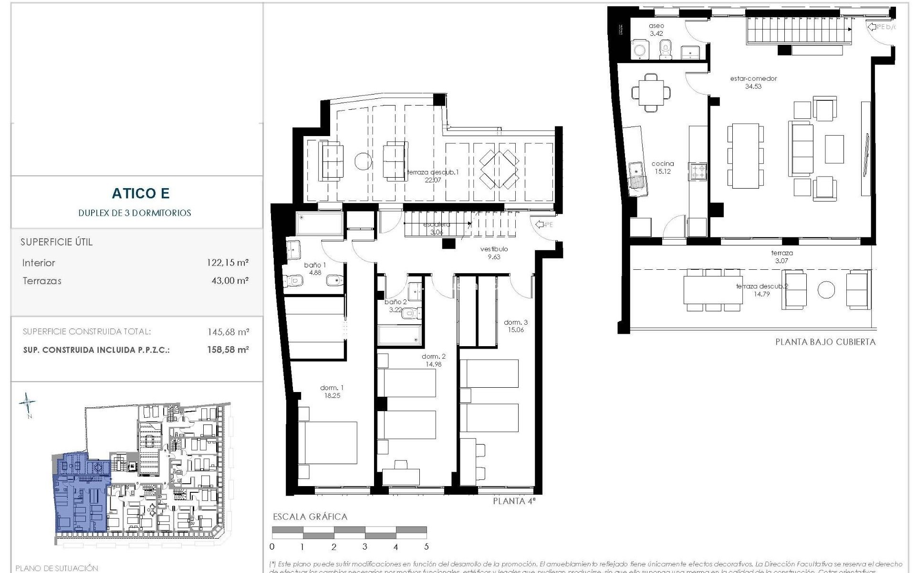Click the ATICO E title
(x=141, y=193)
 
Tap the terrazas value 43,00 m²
(x=229, y=281)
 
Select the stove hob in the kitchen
(x=697, y=171)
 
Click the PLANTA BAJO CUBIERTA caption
(x=825, y=342)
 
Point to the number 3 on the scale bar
(x=364, y=547)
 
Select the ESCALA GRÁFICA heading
(x=310, y=517)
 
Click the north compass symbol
(x=28, y=404)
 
